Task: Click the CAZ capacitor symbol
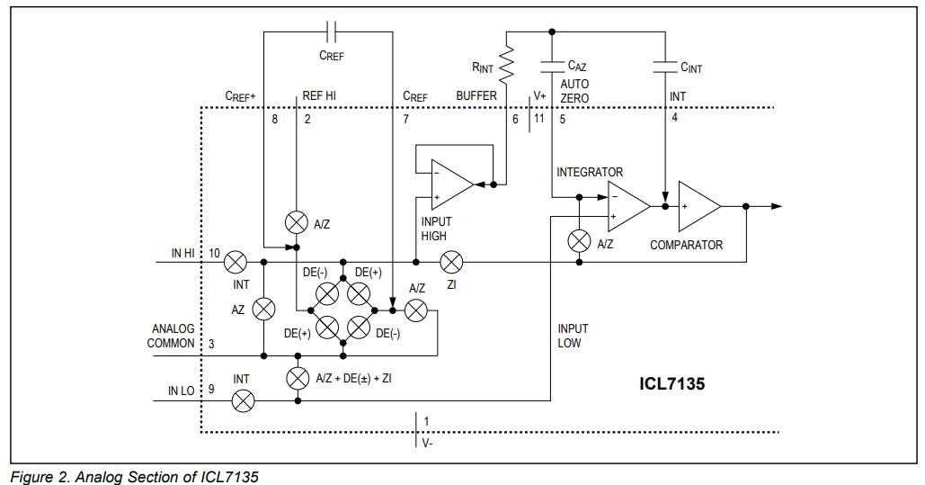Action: pos(550,66)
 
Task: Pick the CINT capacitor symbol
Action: pos(664,66)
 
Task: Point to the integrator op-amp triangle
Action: pos(627,206)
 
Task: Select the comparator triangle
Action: pos(698,206)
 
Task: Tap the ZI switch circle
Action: pos(451,262)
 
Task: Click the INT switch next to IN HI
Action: pos(236,262)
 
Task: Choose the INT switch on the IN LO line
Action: pos(243,401)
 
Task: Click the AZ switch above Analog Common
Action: pos(262,309)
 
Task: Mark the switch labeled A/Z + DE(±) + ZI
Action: pos(297,378)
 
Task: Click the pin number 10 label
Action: pos(215,254)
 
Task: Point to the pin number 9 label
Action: pos(211,391)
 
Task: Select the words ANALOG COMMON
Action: pos(173,336)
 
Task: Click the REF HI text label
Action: pos(319,95)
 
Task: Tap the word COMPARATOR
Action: pos(686,245)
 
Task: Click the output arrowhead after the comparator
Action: pos(776,206)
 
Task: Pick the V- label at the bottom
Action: pos(427,442)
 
